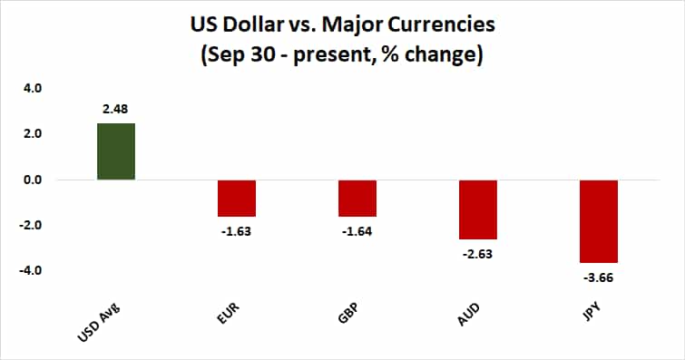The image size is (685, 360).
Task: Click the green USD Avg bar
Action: tap(116, 151)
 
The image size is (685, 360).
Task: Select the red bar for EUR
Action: tap(237, 198)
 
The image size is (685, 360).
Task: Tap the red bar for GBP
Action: tap(357, 198)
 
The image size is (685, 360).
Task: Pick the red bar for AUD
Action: tap(478, 209)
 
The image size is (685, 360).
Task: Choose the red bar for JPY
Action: tap(599, 221)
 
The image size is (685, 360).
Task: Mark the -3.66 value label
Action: tap(599, 277)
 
